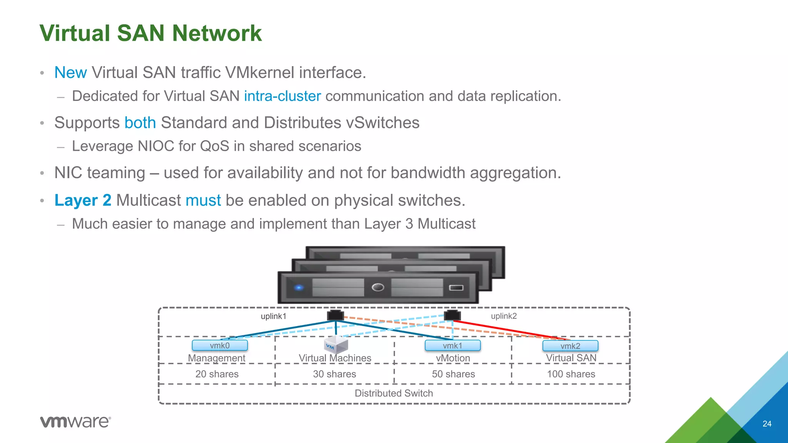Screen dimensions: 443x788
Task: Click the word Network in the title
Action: [217, 33]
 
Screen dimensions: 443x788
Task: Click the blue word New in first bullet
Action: [70, 73]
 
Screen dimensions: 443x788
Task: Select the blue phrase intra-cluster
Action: [282, 96]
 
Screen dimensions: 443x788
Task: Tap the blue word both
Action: [140, 123]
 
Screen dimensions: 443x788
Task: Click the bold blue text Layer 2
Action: [83, 200]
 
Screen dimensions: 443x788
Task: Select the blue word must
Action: [203, 200]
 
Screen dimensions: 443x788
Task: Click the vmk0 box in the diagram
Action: [220, 345]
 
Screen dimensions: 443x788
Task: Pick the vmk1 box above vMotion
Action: [452, 345]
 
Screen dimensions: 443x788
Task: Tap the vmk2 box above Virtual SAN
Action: [570, 346]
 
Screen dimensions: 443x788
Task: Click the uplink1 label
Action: [273, 316]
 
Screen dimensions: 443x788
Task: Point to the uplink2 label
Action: [504, 316]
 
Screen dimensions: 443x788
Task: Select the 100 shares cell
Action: [571, 374]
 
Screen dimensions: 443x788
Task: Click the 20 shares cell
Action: [217, 374]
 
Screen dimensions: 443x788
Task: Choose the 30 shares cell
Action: [334, 374]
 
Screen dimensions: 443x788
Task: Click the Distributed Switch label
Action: [394, 393]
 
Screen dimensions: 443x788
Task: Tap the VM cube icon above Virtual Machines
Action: [336, 345]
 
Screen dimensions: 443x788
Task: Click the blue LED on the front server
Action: [299, 288]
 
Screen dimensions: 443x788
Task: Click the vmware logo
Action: [75, 421]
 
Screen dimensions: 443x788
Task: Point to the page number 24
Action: [767, 424]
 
